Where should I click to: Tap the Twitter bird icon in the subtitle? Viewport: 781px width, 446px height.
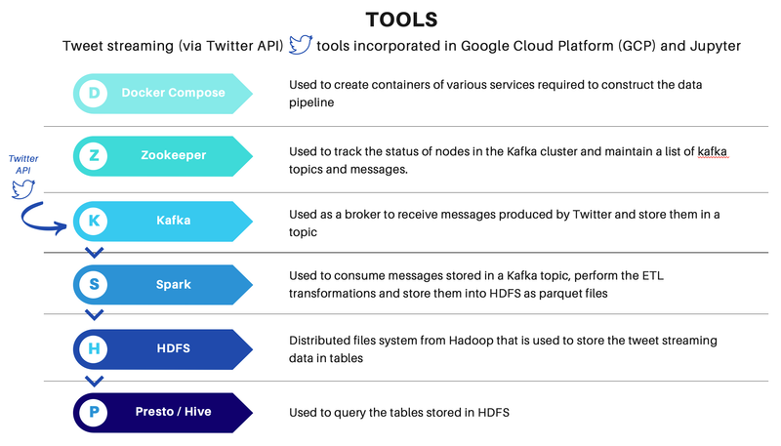300,45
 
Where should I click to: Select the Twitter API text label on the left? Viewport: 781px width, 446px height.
23,164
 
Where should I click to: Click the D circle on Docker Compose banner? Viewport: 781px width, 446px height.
94,93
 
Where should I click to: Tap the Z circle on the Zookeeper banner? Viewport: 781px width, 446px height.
94,155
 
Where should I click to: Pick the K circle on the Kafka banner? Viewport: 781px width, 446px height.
94,221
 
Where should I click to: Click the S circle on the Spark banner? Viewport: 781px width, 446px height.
94,284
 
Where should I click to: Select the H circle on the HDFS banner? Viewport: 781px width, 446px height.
94,348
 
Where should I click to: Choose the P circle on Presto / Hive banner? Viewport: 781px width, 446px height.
94,412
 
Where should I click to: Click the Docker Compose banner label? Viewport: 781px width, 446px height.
173,93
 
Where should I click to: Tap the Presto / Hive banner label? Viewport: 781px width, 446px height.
172,412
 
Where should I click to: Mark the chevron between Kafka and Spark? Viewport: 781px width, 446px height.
94,253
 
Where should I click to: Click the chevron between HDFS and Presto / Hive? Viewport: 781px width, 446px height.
94,381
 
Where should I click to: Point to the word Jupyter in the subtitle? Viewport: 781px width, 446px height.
707,46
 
